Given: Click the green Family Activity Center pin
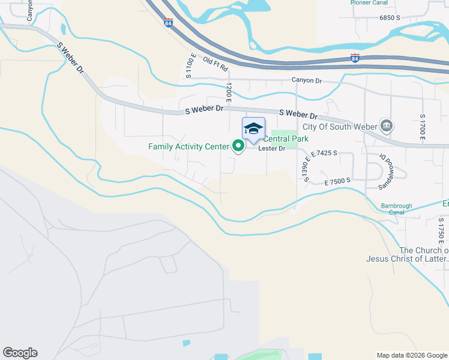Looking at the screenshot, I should [x=238, y=146].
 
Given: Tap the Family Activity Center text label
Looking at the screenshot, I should [x=188, y=146].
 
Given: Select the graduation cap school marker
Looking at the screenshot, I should [x=253, y=128].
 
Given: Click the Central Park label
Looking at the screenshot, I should [x=286, y=139].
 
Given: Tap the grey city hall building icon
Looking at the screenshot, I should [x=387, y=126].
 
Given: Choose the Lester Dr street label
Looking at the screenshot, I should [x=272, y=148].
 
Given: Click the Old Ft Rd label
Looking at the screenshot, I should [x=216, y=63].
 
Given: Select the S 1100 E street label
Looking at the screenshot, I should [x=189, y=67].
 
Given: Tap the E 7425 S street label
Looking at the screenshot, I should [x=324, y=154].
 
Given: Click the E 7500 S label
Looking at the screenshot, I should [x=337, y=181].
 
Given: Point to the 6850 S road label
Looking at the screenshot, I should [x=390, y=18].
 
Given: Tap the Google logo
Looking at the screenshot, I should [x=20, y=353].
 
